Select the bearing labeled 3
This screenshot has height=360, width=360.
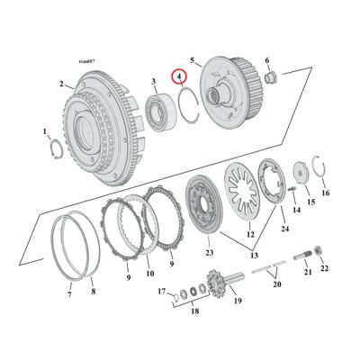(x=161, y=113)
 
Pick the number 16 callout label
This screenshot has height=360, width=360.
(x=326, y=193)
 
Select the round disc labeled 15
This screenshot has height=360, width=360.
(x=299, y=175)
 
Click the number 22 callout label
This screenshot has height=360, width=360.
(x=325, y=268)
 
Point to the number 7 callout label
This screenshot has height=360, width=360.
(x=69, y=294)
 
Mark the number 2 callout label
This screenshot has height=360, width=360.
(x=62, y=84)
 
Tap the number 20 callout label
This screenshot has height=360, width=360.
(x=275, y=283)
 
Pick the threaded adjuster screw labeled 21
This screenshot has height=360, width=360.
(x=308, y=244)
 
